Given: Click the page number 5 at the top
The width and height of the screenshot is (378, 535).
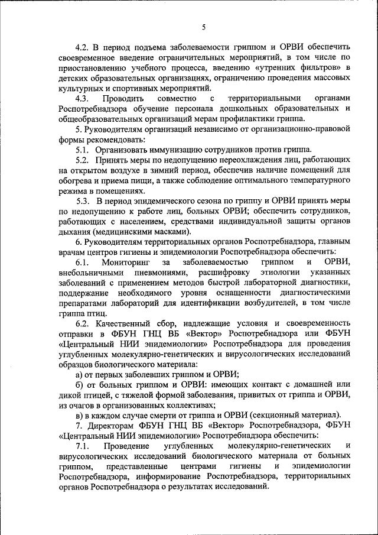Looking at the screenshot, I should point(203,27).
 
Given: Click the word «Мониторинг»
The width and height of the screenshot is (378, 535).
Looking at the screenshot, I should point(126,262).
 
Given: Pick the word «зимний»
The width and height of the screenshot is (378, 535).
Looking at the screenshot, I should point(151,171).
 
